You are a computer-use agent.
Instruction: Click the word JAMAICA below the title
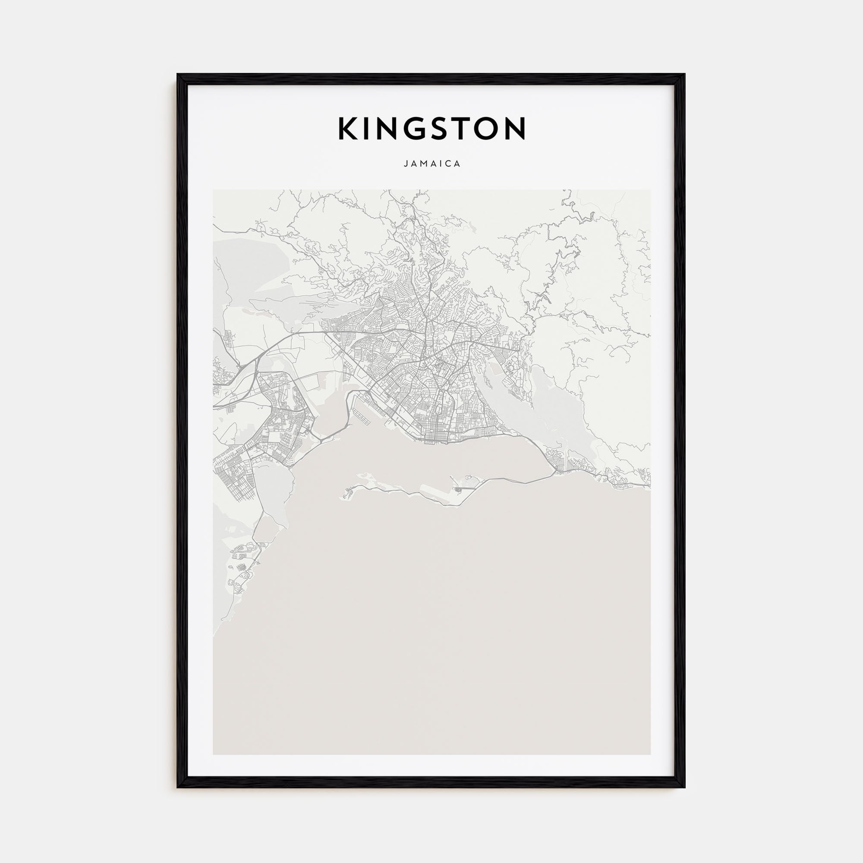pos(431,164)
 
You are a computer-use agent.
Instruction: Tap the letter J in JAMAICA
pos(406,164)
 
